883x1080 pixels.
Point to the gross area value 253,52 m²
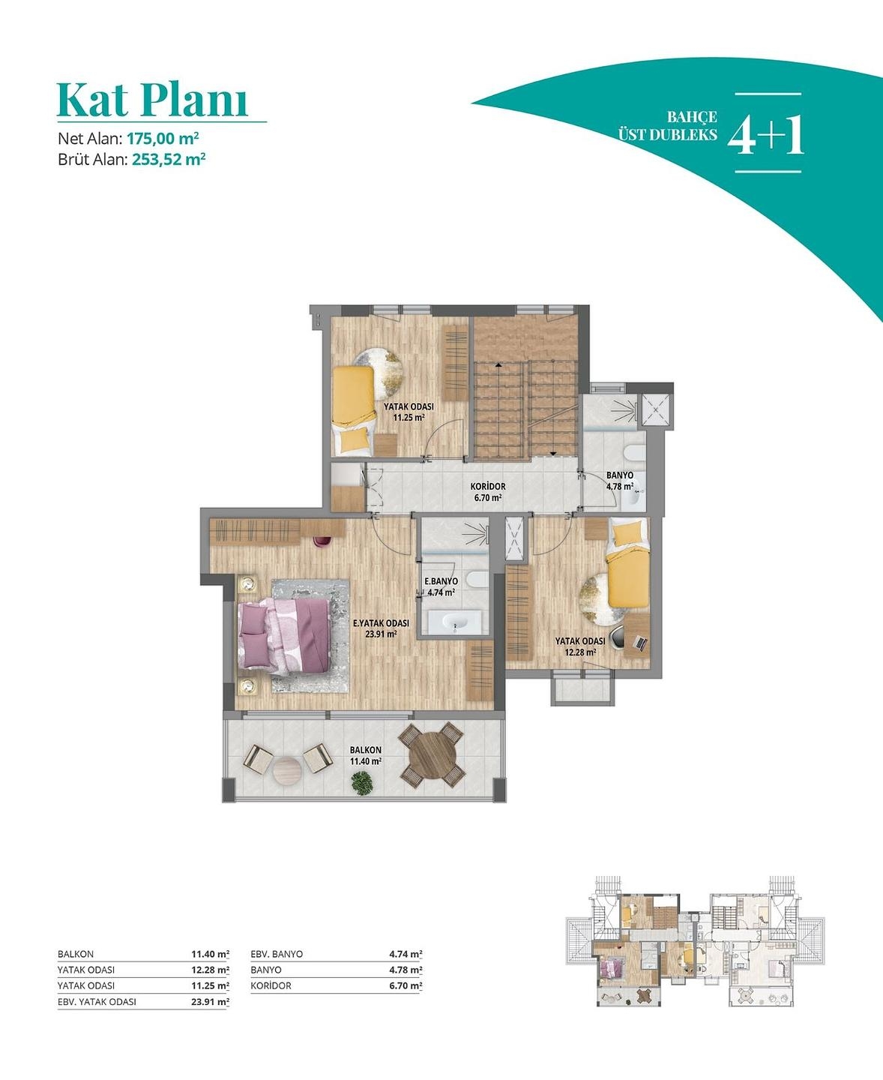[x=169, y=159]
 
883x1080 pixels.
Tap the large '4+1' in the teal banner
[x=766, y=134]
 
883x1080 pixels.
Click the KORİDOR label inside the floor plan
[x=488, y=487]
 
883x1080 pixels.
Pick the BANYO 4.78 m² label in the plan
[x=619, y=481]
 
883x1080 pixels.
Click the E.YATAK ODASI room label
[x=381, y=623]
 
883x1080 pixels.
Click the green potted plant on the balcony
[x=362, y=783]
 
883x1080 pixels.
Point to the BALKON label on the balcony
[x=366, y=750]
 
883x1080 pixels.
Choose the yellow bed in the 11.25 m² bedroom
[x=352, y=409]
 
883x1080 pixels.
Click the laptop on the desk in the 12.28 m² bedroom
[x=640, y=641]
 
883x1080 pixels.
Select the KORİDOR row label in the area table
[x=271, y=985]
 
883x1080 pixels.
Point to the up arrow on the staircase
[x=498, y=365]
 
